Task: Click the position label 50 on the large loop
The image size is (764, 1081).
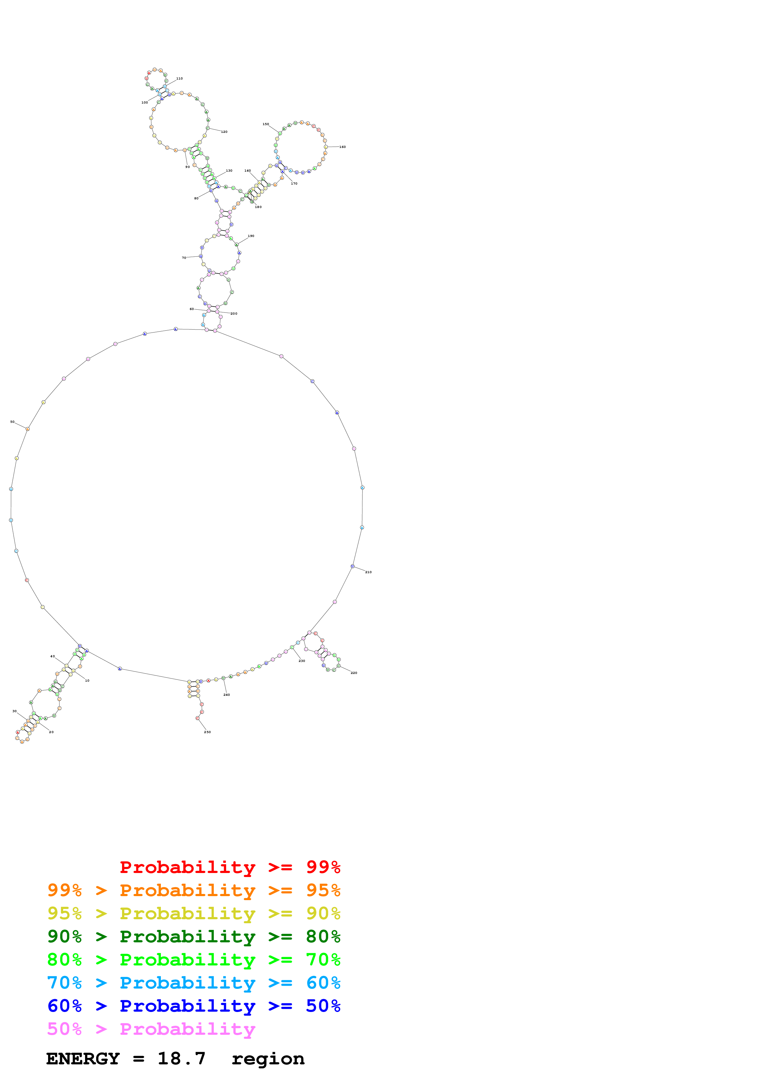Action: click(12, 422)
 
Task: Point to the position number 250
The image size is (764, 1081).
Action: click(207, 732)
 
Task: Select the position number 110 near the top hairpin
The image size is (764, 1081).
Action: click(179, 79)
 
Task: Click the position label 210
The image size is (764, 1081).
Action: click(368, 572)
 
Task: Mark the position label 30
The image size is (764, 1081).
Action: click(14, 712)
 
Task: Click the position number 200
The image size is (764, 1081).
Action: click(234, 314)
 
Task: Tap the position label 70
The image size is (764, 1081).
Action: click(184, 258)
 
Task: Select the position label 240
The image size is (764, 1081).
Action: click(227, 695)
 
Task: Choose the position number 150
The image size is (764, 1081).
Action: click(265, 124)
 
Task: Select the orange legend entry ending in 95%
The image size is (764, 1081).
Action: click(194, 890)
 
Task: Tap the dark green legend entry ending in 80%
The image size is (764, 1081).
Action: click(194, 936)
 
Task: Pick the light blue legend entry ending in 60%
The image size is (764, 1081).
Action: click(194, 983)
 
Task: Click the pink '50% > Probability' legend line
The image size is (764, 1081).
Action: click(151, 1029)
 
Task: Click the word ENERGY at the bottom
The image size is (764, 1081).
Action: click(83, 1059)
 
